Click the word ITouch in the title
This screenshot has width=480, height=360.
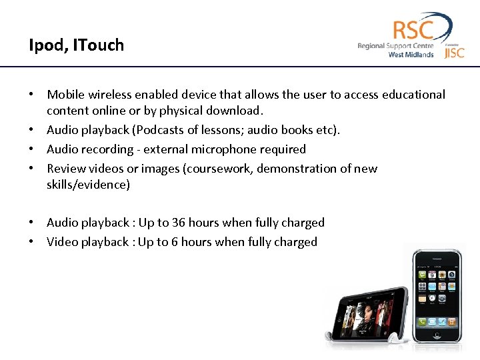tap(99, 45)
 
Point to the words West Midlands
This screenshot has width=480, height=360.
tap(411, 55)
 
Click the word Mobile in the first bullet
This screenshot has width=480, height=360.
tap(65, 95)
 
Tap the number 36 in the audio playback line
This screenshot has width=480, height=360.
tap(179, 223)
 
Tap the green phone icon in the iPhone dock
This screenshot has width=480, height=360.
tap(421, 321)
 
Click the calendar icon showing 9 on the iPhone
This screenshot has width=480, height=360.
tap(432, 273)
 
